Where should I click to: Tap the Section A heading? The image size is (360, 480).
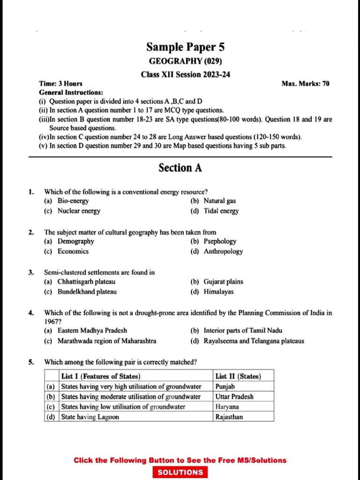[x=180, y=168]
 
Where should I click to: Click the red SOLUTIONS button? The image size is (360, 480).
[x=180, y=472]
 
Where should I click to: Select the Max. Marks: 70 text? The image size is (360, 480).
[x=305, y=83]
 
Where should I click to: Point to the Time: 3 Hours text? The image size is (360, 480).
[x=60, y=83]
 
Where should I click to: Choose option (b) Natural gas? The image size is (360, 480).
[x=213, y=201]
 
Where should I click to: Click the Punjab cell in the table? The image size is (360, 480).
[x=225, y=387]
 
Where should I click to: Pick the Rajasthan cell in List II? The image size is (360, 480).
[x=229, y=417]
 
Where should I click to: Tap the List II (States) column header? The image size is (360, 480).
[x=238, y=376]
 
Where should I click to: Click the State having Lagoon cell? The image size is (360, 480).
[x=90, y=417]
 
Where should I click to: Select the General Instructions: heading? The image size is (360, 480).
[x=71, y=92]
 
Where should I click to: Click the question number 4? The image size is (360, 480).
[x=31, y=313]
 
